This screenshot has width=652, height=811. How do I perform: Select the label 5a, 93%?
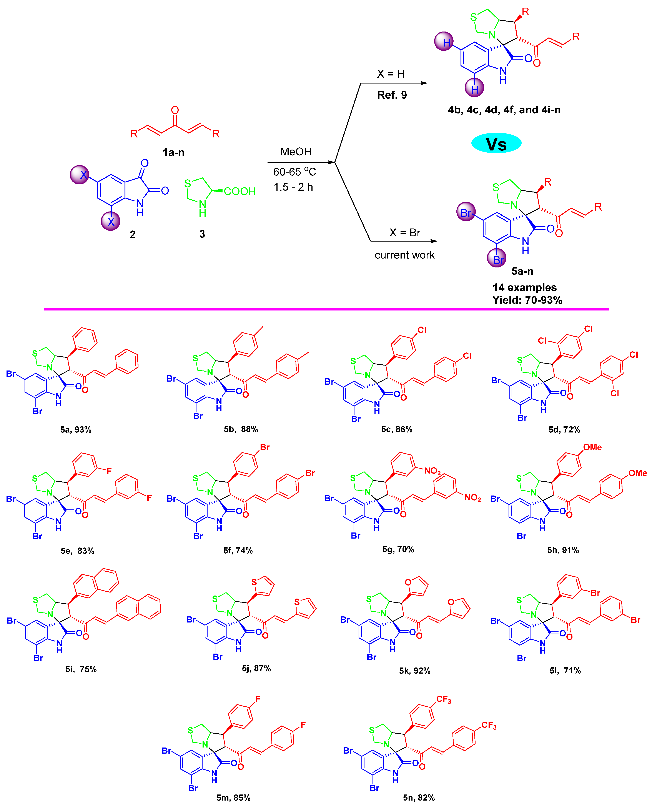(76, 430)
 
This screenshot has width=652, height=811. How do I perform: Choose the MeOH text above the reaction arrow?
(296, 152)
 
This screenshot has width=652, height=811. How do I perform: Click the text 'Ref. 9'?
(392, 95)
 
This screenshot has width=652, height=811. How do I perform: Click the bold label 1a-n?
(173, 152)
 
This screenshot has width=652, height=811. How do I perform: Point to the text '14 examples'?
(524, 287)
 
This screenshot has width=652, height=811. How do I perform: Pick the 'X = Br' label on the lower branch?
(405, 232)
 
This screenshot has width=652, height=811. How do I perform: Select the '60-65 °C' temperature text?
(294, 172)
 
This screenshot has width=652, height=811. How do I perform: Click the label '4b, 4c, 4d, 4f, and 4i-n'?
(504, 110)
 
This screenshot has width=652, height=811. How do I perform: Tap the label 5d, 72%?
(564, 430)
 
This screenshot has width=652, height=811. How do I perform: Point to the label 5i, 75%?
(81, 669)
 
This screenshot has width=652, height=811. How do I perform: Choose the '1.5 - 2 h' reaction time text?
(293, 187)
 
